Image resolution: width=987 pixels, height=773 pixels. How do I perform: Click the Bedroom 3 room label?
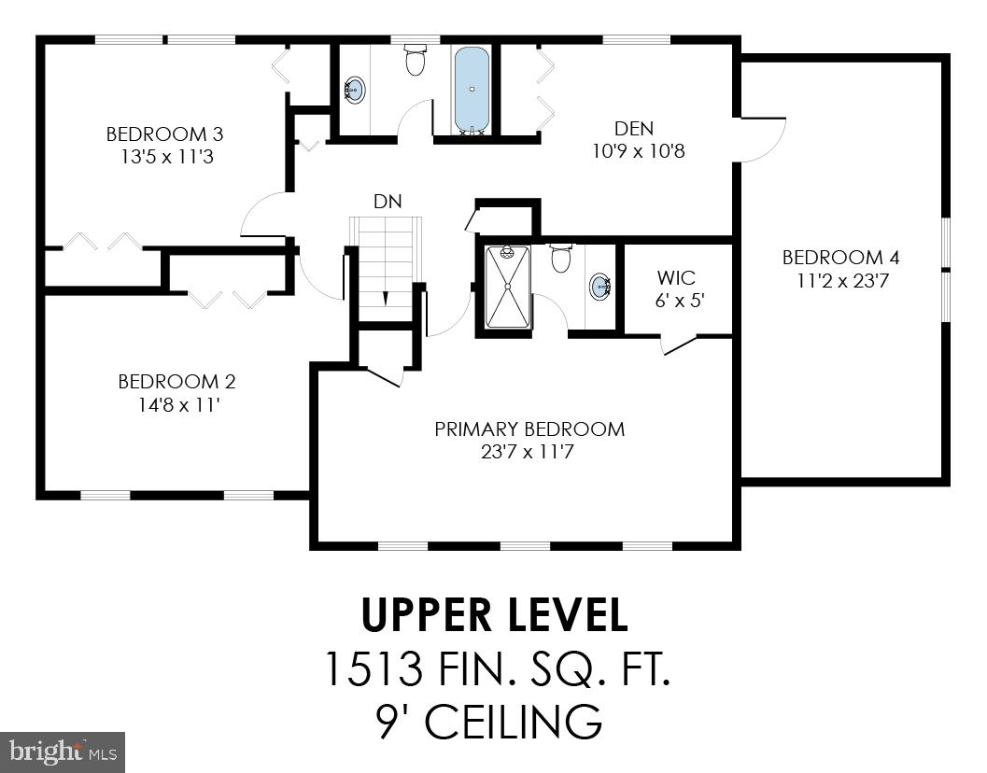(164, 134)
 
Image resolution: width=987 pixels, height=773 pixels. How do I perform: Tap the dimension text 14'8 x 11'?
(176, 404)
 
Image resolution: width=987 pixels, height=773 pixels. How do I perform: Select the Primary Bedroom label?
(529, 429)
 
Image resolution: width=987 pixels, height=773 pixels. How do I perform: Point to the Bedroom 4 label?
(833, 258)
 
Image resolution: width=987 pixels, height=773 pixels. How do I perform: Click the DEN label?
(634, 129)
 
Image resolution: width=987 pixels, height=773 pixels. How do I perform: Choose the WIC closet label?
(675, 279)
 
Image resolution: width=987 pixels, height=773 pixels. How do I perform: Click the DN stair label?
(388, 202)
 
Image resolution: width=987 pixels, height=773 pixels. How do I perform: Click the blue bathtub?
(472, 90)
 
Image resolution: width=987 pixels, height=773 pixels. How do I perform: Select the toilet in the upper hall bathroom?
(416, 61)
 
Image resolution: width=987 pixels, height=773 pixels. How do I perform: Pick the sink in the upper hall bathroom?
(355, 91)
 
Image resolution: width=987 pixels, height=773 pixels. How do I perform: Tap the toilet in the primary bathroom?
(561, 259)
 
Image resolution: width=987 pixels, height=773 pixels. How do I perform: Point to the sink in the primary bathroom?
(600, 287)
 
